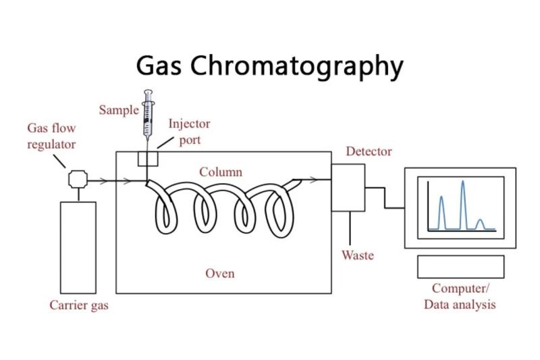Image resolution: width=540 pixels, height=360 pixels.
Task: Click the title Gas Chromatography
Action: pos(269,66)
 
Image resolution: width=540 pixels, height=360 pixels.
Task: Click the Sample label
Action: pos(119,110)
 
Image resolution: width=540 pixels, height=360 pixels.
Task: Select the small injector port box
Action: pos(148,159)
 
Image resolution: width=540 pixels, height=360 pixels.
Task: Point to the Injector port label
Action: pos(189,132)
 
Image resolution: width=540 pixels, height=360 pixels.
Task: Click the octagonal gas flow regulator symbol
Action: pos(78,179)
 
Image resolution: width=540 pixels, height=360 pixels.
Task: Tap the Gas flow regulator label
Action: pos(51,136)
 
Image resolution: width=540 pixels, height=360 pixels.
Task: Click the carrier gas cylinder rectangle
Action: pos(78,248)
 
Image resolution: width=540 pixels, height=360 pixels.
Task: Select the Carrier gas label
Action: pos(79,305)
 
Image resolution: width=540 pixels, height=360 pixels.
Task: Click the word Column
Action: pos(221,172)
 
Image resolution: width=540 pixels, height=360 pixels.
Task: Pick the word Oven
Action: pos(220,274)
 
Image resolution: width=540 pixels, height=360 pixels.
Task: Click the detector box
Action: pos(348,188)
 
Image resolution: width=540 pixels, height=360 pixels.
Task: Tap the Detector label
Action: pos(369,151)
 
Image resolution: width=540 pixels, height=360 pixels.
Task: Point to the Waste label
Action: pos(358,255)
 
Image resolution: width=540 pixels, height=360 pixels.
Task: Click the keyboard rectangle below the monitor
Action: pos(461,267)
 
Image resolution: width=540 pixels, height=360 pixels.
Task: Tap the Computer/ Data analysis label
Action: pos(460,297)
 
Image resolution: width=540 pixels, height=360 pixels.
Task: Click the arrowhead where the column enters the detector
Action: pos(313,180)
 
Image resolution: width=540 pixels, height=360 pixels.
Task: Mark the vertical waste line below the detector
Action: pos(350,228)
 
